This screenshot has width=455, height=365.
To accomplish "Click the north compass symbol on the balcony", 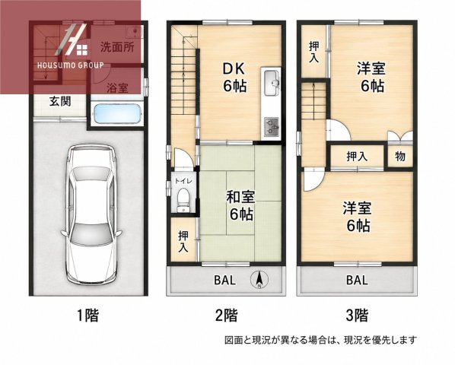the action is (x=259, y=280).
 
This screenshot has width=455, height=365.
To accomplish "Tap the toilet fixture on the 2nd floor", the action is (x=183, y=200).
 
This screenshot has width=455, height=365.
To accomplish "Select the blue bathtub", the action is (x=116, y=113).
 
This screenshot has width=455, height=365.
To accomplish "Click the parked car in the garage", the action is (x=91, y=214).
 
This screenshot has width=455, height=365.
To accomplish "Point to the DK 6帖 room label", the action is (x=234, y=78).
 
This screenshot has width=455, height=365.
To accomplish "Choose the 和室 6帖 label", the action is (x=241, y=206).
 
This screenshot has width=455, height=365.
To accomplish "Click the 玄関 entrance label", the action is (x=60, y=101).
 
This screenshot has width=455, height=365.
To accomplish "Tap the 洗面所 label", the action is (x=117, y=47).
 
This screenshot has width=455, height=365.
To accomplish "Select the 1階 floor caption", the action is (x=87, y=316).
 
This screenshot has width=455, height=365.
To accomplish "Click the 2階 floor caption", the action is (x=227, y=316).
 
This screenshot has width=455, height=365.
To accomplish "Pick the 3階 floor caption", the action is (x=357, y=316).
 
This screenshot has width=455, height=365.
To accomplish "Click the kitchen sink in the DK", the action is (x=271, y=83).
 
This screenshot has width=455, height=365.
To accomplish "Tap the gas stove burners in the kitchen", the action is (x=272, y=127).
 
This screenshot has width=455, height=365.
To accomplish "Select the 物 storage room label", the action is (x=400, y=157).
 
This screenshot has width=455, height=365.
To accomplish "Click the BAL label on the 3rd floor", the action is (x=357, y=281).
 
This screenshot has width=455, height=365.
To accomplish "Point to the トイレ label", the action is (x=183, y=181).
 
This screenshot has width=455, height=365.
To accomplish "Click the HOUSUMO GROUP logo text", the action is (x=71, y=65).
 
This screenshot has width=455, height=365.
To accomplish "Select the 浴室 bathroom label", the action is (x=117, y=88).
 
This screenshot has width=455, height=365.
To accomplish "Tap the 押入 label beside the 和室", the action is (x=183, y=241).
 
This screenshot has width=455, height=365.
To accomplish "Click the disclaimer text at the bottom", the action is (x=320, y=340).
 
